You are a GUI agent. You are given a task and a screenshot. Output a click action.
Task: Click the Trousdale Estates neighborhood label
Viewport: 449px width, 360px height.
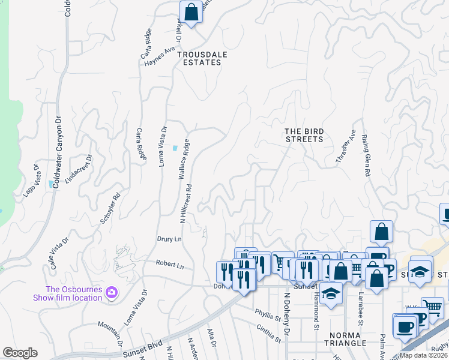pos(205,58)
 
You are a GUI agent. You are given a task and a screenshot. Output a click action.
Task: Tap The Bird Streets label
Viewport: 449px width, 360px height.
pos(304,135)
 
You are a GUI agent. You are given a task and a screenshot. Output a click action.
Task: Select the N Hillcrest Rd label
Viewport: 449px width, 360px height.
pos(185,203)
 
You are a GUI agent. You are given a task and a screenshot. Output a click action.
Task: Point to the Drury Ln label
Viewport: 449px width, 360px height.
pos(169,239)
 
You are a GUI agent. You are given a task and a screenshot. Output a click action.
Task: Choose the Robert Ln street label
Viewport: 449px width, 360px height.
pos(169,264)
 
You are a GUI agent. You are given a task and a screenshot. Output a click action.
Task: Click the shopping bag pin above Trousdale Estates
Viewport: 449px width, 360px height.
pos(191,12)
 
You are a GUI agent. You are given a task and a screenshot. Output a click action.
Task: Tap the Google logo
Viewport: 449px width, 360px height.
pos(20,353)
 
